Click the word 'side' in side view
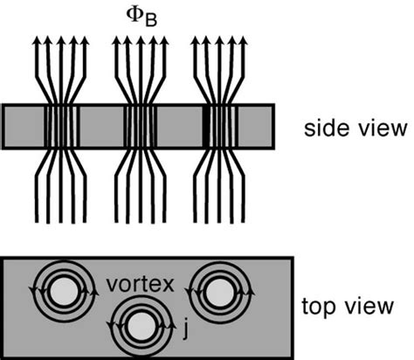[x=322, y=128]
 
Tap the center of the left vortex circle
[x=61, y=292]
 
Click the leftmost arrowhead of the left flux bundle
[x=37, y=40]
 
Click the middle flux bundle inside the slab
[x=140, y=128]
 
